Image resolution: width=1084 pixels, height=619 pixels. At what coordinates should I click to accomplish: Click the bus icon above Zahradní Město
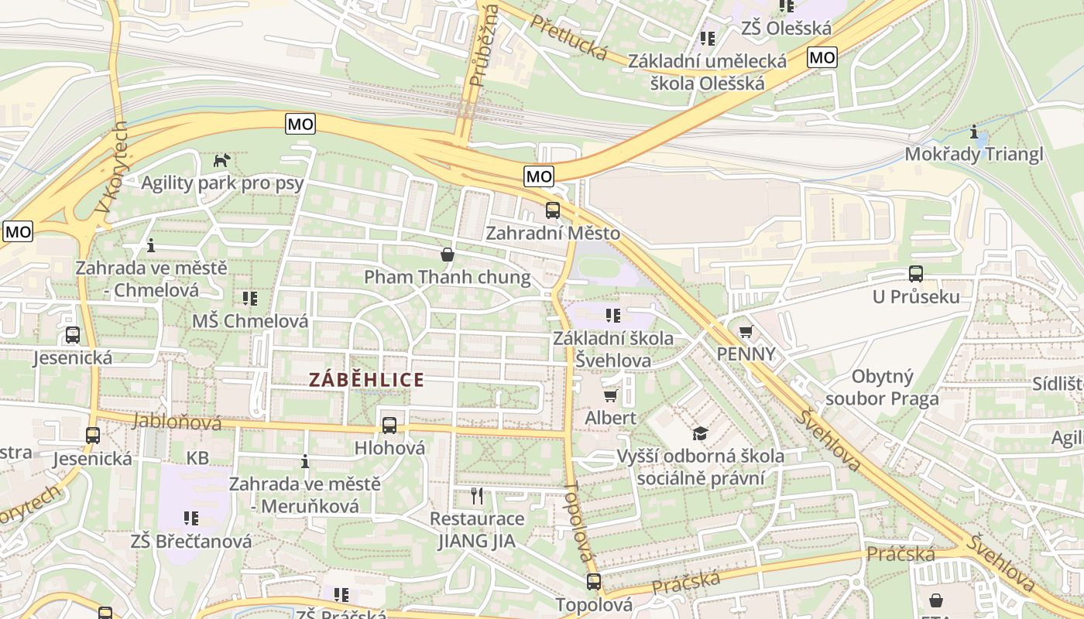coord(552,210)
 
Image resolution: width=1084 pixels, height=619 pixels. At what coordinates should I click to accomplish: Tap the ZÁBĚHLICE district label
coord(366,380)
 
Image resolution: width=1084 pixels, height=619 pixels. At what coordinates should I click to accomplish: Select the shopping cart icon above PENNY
coord(746,332)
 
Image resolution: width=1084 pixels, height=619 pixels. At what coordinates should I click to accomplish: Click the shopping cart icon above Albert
coord(610,396)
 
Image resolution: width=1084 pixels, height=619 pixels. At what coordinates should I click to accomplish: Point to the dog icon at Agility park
coord(222,160)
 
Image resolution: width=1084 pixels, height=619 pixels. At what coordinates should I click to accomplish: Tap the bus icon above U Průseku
coord(916,274)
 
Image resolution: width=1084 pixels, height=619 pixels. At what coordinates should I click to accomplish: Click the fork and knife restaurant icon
coord(477,496)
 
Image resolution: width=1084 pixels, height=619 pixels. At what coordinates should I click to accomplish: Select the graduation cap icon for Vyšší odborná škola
coord(700,433)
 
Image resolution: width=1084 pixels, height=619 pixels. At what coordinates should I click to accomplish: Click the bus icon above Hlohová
coord(389,425)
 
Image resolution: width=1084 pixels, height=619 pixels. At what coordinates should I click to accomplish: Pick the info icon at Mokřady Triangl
coord(974,132)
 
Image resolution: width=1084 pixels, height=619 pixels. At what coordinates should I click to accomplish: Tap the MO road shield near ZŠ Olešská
coord(822,57)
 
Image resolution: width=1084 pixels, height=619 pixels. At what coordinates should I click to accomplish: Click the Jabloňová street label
coord(177,422)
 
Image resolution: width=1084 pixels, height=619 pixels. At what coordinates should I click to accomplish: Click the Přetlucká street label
coord(569,36)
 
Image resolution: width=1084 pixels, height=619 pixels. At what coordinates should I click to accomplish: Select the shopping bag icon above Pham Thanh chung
coord(447,255)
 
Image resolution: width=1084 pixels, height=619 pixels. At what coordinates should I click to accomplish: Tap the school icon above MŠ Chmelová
coord(249,298)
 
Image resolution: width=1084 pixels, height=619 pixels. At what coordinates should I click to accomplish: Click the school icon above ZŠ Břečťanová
coord(190,518)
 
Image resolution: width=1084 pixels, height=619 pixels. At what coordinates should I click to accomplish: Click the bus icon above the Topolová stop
coord(594,581)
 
